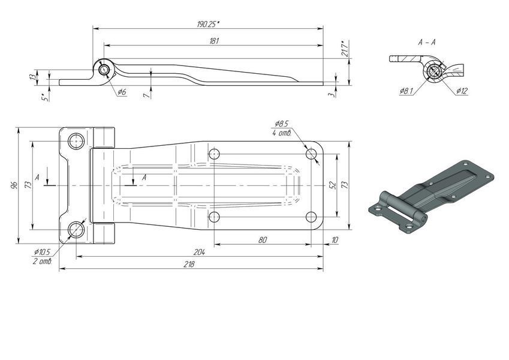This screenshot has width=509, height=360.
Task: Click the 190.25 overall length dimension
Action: [x=208, y=24]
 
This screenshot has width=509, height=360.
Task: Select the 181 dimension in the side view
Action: [x=215, y=41]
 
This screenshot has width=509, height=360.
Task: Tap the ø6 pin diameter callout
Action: [x=122, y=92]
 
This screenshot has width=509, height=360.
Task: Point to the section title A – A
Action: [x=426, y=42]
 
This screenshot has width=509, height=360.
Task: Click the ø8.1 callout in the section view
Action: [x=406, y=91]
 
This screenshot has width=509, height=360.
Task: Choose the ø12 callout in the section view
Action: [x=462, y=91]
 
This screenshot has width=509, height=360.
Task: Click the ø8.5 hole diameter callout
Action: [x=281, y=124]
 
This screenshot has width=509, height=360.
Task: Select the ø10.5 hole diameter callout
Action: [x=42, y=252]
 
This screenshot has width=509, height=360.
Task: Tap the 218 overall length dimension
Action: [x=189, y=264]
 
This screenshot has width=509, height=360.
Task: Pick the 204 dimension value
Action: [x=199, y=252]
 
